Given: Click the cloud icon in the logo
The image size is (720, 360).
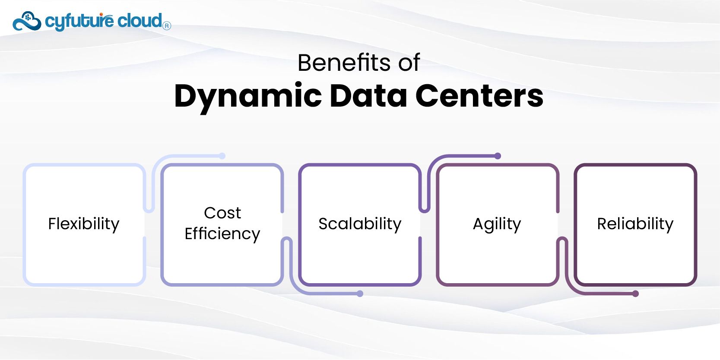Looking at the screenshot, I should [27, 21].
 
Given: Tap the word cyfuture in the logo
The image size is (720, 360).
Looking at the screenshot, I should [79, 21].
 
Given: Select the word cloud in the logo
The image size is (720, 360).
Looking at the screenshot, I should [140, 20].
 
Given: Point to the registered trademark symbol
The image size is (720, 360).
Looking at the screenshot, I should [167, 26].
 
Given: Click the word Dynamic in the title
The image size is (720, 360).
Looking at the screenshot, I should [248, 96].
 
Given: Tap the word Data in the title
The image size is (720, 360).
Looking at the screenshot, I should [368, 96].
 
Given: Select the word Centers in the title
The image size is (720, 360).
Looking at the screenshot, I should [479, 96].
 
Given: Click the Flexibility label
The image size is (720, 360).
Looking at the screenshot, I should [84, 224].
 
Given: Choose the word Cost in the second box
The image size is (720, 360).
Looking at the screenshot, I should [222, 213].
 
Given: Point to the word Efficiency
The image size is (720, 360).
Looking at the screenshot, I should [222, 234].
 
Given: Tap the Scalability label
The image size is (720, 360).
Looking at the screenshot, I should [360, 224].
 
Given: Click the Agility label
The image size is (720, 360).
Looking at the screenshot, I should [497, 224].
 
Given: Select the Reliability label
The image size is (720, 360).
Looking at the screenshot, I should [635, 224].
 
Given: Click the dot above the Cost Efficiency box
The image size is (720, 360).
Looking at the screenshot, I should [222, 156].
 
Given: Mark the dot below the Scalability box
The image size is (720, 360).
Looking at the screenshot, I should [360, 294].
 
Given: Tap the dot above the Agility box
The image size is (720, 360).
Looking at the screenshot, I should [498, 156].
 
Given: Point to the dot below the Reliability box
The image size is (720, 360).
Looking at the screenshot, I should [635, 294].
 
